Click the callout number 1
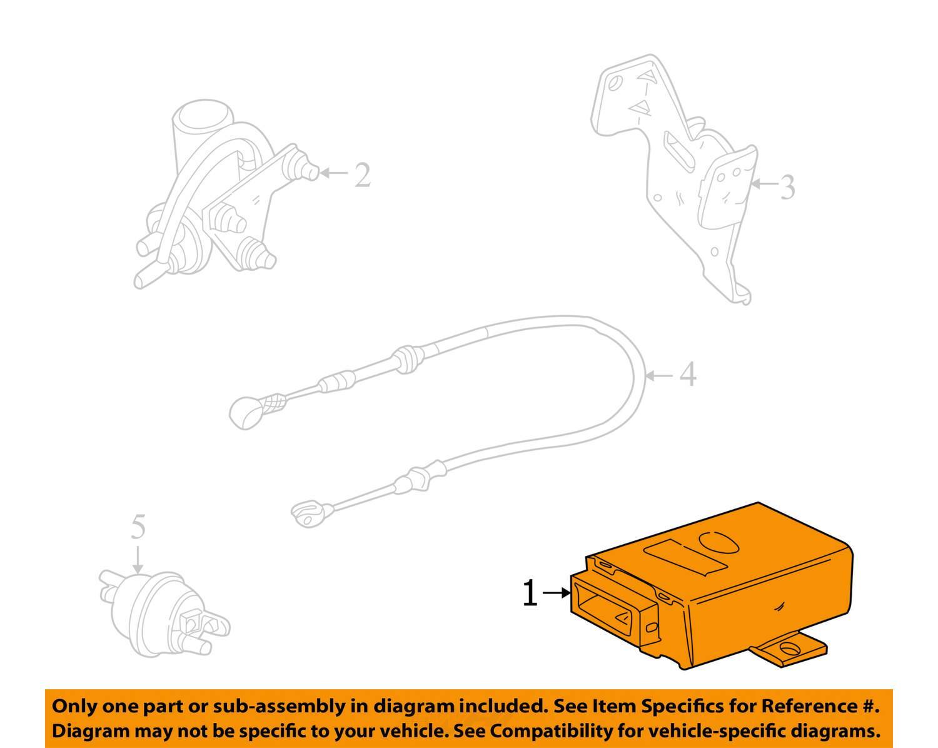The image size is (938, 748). pos(530,592)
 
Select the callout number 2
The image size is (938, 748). pos(363,174)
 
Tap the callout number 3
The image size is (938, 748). pos(787,187)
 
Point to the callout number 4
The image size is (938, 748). pos(688,374)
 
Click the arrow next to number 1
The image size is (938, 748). pos(556,593)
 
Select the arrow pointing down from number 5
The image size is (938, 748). pos(138,559)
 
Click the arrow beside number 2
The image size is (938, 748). pos(334,173)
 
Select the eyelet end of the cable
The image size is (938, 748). pos(307,513)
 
